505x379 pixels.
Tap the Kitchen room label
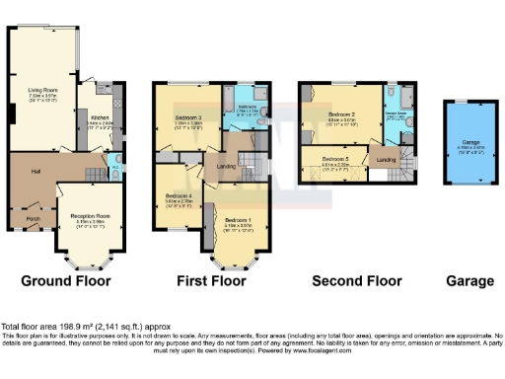100,116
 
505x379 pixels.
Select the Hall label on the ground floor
36,172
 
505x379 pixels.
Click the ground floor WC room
116,166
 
